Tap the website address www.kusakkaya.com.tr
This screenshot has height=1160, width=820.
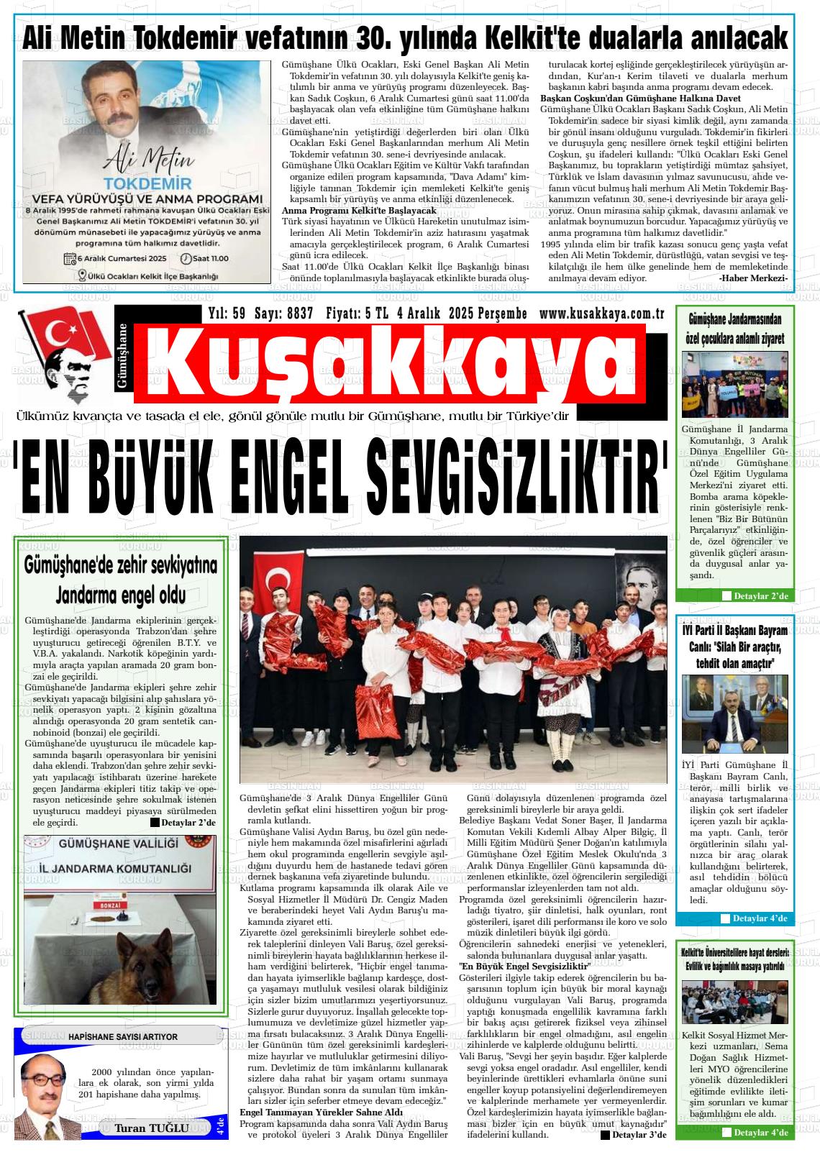pyautogui.click(x=601, y=314)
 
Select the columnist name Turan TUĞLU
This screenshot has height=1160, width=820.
pyautogui.click(x=152, y=1128)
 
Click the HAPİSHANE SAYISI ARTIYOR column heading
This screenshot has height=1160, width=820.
pyautogui.click(x=122, y=1036)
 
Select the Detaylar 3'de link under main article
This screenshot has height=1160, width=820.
pyautogui.click(x=634, y=1134)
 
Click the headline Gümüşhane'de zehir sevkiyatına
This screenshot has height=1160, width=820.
pyautogui.click(x=119, y=565)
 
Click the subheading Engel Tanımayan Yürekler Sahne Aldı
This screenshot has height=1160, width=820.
pyautogui.click(x=321, y=1112)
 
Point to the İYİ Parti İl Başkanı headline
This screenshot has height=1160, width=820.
pyautogui.click(x=734, y=630)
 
